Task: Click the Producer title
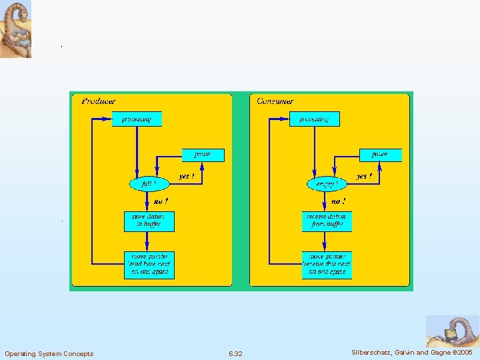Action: pos(99,101)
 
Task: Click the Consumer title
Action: pos(275,101)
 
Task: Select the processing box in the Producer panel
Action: pos(137,119)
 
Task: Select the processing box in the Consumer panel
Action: pos(314,119)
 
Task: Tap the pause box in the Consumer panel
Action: pos(380,155)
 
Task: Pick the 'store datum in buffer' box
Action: pos(149,221)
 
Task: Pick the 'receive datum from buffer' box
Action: pos(327,221)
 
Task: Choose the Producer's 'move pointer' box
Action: pos(149,264)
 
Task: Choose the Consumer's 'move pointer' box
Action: pos(327,264)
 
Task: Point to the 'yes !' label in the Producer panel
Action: pos(187,177)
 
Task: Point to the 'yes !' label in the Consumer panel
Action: pos(364,177)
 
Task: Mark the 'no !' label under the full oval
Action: pos(161,201)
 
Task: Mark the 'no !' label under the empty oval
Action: pos(339,201)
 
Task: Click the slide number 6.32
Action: pos(235,353)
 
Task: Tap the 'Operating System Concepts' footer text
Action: pos(49,353)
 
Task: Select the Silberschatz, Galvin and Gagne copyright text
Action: pos(411,352)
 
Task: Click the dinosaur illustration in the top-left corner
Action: pos(15,29)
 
